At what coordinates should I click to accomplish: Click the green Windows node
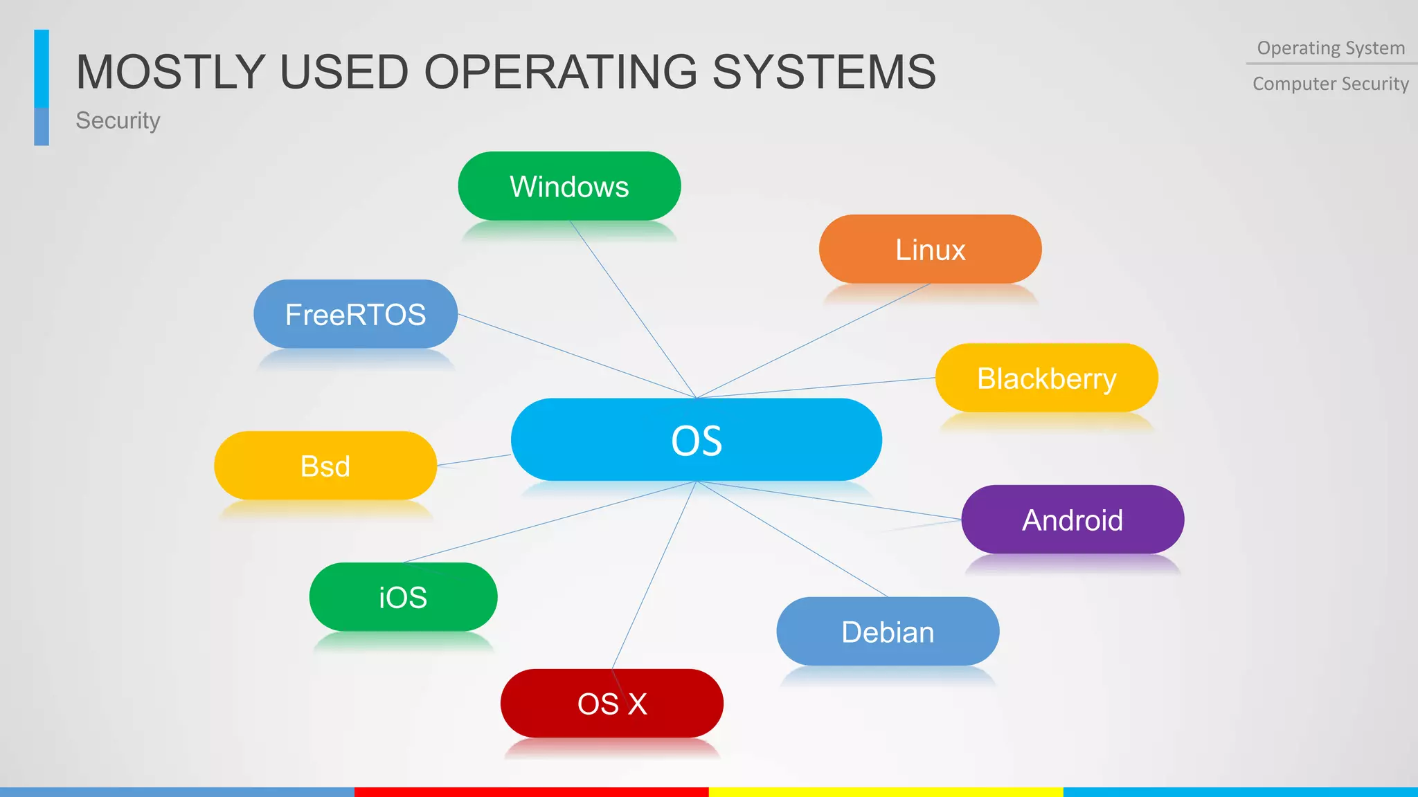pos(569,186)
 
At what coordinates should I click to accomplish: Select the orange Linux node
pos(930,249)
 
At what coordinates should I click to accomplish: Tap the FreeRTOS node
pos(355,314)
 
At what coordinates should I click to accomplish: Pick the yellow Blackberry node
pos(1046,378)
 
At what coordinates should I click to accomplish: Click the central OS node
pos(696,439)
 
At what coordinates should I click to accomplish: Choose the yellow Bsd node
pos(325,466)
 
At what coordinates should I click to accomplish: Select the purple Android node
pos(1073,520)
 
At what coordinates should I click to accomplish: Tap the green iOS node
pos(403,597)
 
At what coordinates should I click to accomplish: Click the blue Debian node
pos(888,632)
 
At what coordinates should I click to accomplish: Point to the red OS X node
pos(612,704)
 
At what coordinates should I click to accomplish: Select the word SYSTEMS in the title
pos(824,72)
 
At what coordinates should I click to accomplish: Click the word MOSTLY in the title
pos(170,72)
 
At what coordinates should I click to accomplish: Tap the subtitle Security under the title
pos(118,120)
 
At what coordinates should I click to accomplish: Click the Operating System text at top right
pos(1331,48)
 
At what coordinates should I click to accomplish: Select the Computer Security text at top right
pos(1331,84)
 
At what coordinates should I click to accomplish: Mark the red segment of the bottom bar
pos(531,791)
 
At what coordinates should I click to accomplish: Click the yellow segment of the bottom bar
pos(886,791)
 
